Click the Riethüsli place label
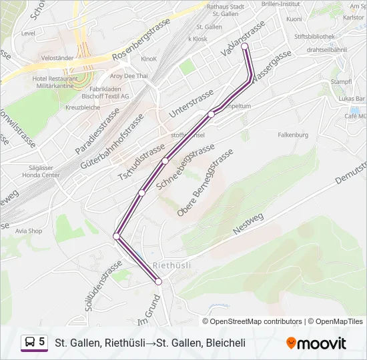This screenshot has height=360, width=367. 172,265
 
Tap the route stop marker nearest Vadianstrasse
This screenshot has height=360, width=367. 245,46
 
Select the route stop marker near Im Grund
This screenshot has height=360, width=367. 159,282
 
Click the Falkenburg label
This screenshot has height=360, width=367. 293,135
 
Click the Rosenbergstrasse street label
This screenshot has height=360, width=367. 142,39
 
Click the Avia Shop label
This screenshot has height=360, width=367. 29,231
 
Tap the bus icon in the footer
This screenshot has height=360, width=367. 30,343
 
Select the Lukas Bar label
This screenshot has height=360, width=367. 351,99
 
